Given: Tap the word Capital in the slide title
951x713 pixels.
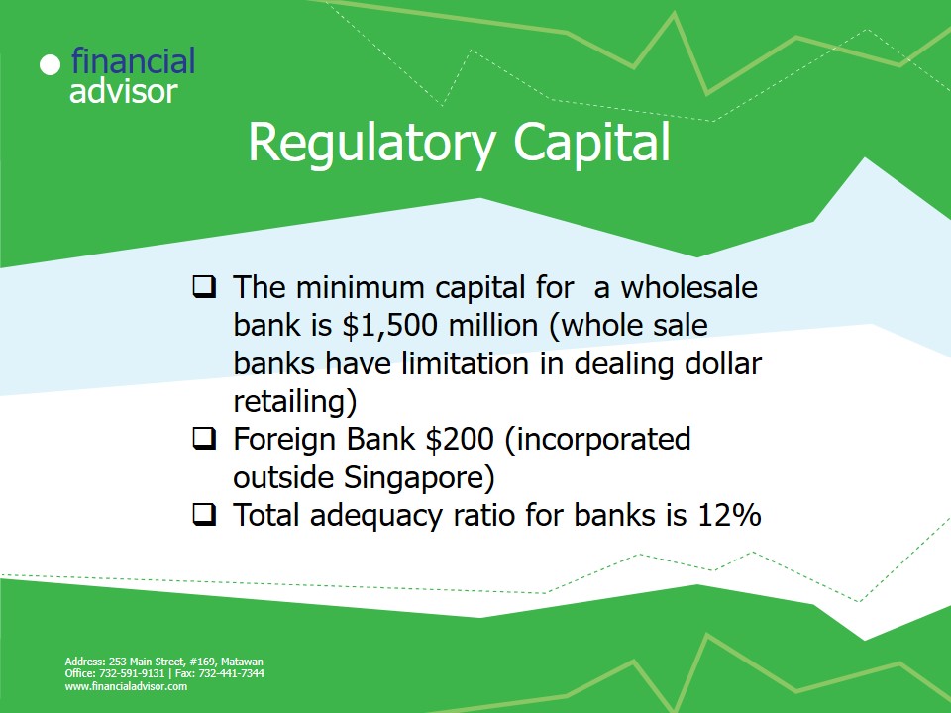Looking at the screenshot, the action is click(592, 143).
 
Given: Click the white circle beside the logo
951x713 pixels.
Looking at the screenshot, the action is click(50, 65).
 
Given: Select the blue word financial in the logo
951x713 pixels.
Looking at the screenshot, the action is click(133, 60).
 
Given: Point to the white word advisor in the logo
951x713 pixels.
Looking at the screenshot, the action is click(124, 91).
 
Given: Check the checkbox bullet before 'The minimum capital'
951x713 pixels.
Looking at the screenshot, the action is click(204, 287).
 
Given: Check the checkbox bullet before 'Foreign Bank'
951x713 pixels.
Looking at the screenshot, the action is click(204, 439).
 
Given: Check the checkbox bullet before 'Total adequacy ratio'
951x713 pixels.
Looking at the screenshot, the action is click(204, 515).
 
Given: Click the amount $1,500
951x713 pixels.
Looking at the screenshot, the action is click(389, 326).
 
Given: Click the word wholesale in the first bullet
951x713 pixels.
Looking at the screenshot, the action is click(688, 287).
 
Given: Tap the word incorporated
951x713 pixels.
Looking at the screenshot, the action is click(603, 439).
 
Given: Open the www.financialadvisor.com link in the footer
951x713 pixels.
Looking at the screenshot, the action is click(126, 687).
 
